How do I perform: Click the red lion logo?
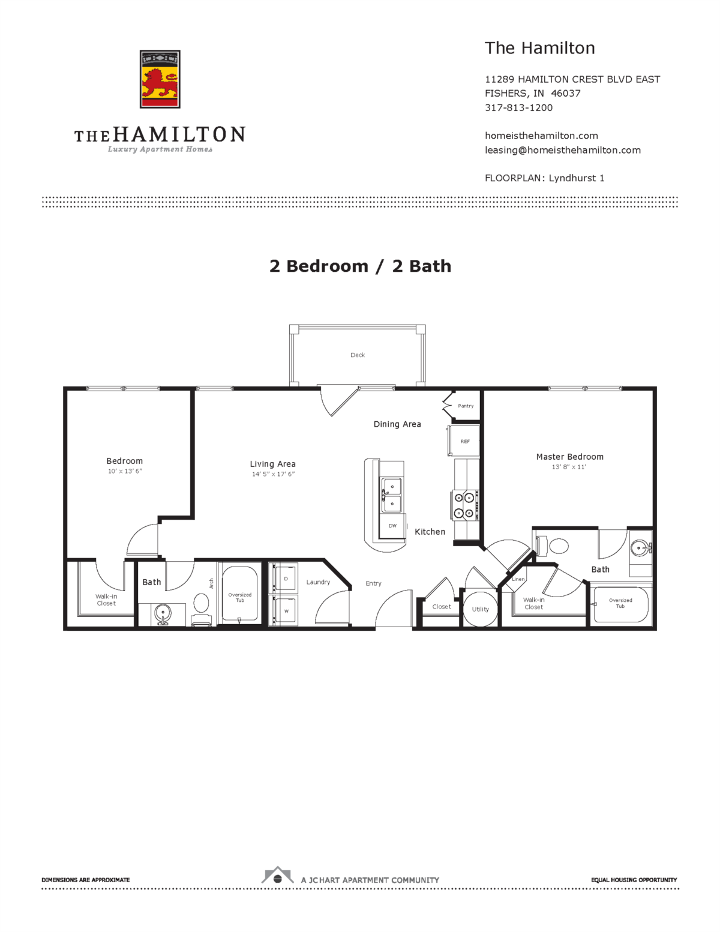[x=160, y=79]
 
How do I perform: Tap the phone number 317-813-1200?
[x=518, y=108]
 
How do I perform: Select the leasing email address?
[x=562, y=150]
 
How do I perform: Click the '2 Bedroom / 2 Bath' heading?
[x=360, y=266]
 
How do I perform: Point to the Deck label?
[x=358, y=355]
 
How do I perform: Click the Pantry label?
[x=466, y=406]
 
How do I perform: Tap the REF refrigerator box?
[x=464, y=441]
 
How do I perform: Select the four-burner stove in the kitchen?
[x=465, y=505]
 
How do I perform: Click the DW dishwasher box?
[x=392, y=526]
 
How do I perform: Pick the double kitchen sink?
[x=392, y=495]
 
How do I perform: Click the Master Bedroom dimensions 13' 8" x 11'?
[x=569, y=467]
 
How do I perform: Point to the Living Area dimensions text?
[x=273, y=474]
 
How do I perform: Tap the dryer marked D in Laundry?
[x=286, y=579]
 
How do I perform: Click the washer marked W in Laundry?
[x=286, y=611]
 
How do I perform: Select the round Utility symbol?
[x=480, y=609]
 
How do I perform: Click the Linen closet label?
[x=518, y=579]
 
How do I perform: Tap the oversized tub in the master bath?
[x=620, y=604]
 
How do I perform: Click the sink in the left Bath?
[x=162, y=614]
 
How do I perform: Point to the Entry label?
[x=373, y=583]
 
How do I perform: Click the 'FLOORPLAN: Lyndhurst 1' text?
[x=544, y=178]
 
